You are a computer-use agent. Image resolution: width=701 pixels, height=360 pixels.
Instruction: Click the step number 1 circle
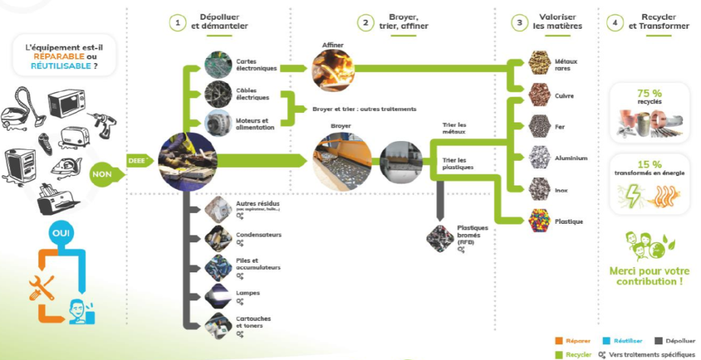(177, 22)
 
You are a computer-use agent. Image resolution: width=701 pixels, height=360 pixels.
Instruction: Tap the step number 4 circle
(616, 22)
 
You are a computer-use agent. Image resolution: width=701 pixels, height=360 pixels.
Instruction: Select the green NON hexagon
(102, 174)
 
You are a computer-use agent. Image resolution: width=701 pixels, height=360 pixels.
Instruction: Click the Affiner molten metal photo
(333, 70)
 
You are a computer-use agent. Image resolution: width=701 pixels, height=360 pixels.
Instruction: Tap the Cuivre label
(565, 96)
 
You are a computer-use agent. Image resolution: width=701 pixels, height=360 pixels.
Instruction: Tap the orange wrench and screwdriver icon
(42, 287)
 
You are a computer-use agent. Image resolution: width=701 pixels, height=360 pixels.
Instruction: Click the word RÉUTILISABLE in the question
(62, 67)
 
